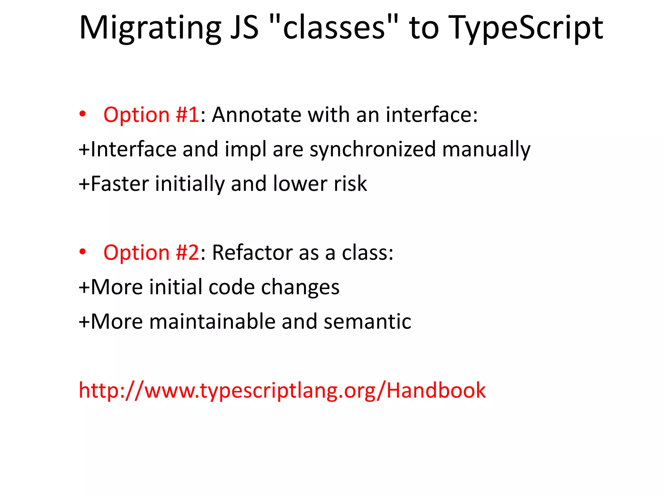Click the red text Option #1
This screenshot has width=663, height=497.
[151, 115]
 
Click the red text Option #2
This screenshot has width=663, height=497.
[151, 253]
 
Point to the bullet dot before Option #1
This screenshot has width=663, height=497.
[83, 114]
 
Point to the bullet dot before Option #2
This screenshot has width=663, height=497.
[83, 252]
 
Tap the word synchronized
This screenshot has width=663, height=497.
[373, 149]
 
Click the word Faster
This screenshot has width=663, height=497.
[120, 184]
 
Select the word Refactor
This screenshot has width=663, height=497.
[252, 253]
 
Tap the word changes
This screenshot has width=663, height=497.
[300, 288]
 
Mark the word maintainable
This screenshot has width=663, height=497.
[212, 322]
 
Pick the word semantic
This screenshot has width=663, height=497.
[367, 322]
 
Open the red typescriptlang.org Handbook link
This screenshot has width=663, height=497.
[282, 391]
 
